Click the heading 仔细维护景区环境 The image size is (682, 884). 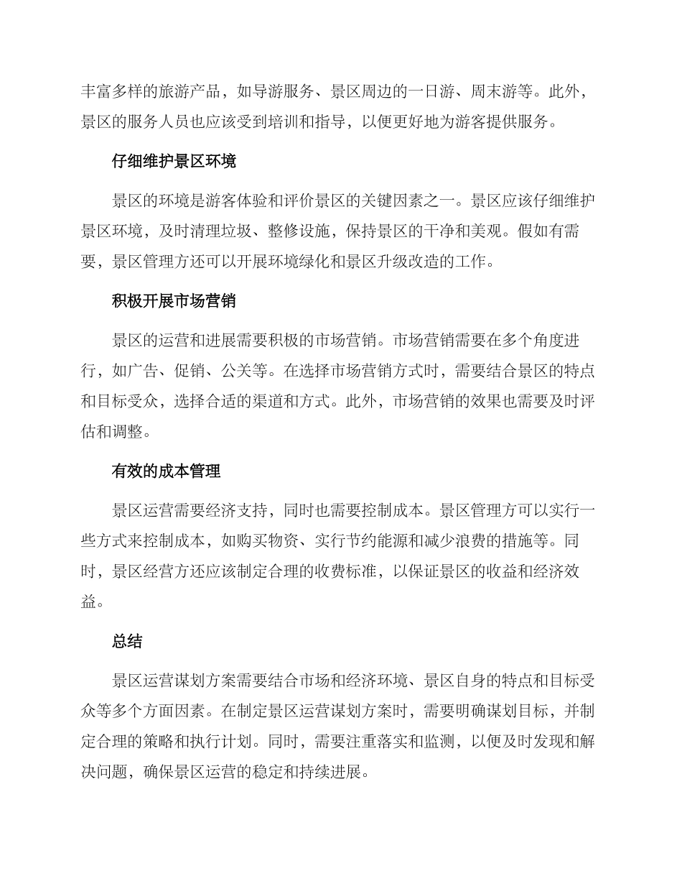click(174, 162)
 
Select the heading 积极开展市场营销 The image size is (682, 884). click(174, 301)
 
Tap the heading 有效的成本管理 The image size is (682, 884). click(166, 471)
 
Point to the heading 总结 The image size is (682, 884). click(127, 642)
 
